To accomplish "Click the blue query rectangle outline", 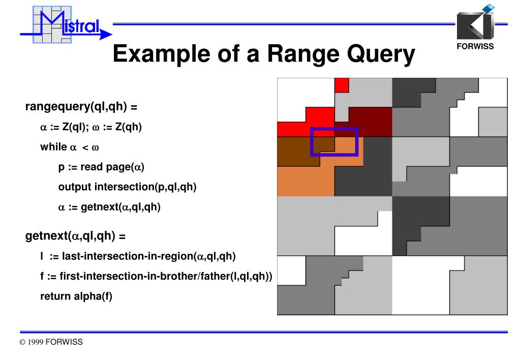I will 334,129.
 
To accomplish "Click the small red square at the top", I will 342,84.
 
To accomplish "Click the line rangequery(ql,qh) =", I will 81,107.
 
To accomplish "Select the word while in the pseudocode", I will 53,147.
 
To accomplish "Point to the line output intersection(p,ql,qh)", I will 127,187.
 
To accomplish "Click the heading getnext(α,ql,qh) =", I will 75,236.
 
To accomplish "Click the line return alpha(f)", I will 76,296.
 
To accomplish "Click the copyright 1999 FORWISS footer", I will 51,342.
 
